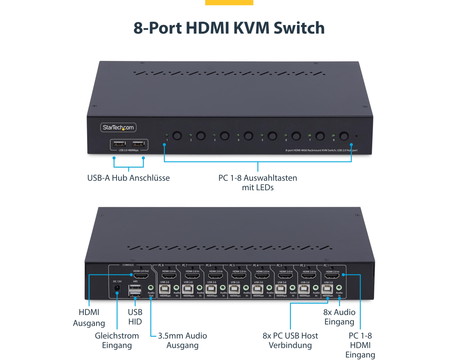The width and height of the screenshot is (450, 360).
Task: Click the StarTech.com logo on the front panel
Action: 118,128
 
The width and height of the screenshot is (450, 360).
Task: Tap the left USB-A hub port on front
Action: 119,144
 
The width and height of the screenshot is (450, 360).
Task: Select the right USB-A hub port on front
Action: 138,144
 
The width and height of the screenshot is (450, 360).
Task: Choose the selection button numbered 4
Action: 249,135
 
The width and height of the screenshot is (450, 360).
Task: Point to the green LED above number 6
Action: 286,135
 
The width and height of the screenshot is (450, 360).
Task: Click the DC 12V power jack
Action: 117,288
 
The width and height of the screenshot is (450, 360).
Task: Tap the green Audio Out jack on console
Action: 151,288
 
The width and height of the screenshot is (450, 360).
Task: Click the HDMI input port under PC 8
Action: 169,276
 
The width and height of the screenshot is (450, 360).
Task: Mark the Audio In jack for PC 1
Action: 339,288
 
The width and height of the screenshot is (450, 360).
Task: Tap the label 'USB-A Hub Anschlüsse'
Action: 128,178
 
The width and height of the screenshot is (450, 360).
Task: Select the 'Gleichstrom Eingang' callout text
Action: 117,340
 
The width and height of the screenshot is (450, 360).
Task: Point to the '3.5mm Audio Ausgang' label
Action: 182,340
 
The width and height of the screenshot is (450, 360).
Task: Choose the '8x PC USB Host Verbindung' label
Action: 290,340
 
